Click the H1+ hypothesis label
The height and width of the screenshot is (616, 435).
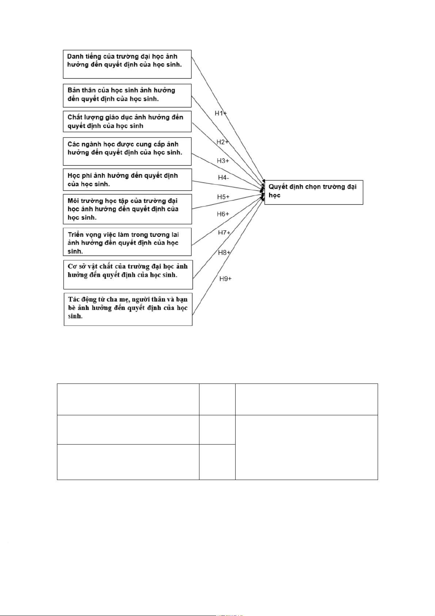tap(221, 113)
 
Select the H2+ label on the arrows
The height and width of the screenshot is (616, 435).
tap(222, 142)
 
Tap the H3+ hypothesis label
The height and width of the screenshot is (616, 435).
tap(223, 160)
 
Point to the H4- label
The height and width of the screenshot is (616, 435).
tap(224, 178)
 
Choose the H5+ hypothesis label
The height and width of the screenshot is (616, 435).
tap(223, 197)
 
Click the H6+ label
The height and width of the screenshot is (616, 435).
tap(223, 214)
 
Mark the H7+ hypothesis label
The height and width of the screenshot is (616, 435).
tap(224, 233)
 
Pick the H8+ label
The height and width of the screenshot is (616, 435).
tap(224, 253)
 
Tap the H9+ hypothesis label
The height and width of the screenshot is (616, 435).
tap(225, 279)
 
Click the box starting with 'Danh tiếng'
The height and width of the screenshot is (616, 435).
tap(127, 64)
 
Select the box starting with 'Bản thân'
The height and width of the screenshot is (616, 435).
tap(127, 95)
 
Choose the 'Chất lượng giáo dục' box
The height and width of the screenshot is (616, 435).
tap(127, 121)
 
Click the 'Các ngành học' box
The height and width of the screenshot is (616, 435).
tap(127, 151)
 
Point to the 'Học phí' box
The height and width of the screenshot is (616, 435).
tap(127, 179)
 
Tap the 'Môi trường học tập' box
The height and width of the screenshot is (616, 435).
tap(127, 209)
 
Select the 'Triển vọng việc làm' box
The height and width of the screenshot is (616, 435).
tap(127, 242)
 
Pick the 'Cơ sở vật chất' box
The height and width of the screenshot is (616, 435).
tap(128, 275)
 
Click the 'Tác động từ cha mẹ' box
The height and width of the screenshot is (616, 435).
tap(128, 309)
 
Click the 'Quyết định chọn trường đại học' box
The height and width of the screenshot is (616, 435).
tap(313, 192)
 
